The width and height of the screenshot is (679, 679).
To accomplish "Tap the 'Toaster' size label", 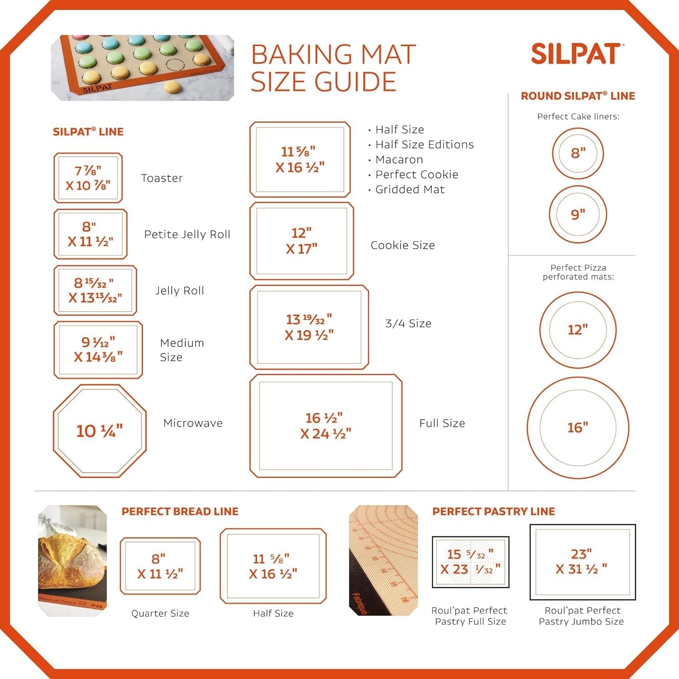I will point(162,178).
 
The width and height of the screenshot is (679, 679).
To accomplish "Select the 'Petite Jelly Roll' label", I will point(187,234).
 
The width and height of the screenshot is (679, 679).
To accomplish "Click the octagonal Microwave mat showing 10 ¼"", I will point(100,431).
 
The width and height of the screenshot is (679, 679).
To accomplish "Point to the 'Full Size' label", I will point(442,424).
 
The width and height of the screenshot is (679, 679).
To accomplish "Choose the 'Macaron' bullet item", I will point(399,160).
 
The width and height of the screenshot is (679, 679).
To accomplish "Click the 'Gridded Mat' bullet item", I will point(410,190).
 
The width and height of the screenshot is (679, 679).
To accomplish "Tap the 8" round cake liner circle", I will point(578,153).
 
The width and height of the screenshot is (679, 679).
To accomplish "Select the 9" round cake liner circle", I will point(578,215).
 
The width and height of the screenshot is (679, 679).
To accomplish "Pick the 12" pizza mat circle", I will point(578,330).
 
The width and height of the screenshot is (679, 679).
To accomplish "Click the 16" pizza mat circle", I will point(578,427).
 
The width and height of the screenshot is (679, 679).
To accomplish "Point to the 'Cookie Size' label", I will point(402,245).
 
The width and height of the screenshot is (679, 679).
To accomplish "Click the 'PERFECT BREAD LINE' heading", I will point(180,512).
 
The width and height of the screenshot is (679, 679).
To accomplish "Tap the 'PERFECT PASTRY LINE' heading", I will point(493,512).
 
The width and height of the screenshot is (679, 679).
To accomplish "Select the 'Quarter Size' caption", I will point(160,613).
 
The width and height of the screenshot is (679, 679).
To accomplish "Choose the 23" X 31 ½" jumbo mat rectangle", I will point(583,562).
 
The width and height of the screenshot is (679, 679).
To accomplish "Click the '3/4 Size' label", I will point(408,324).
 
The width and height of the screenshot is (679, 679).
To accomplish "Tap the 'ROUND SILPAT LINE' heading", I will point(578,96).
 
